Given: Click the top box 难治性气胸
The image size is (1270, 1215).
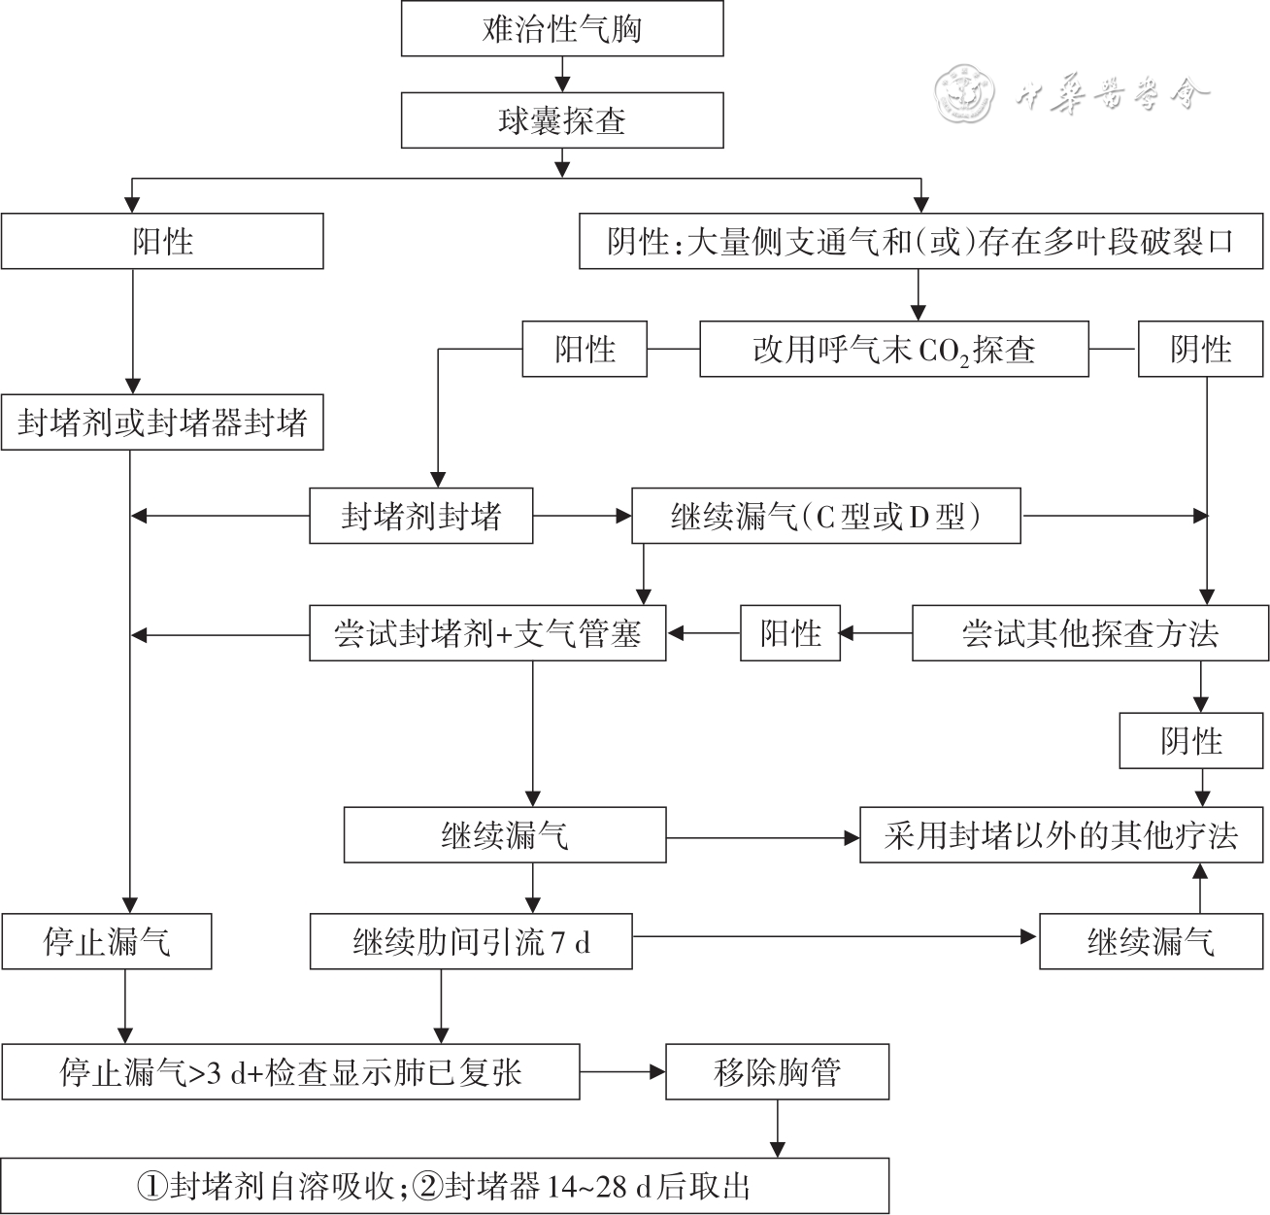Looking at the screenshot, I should pyautogui.click(x=562, y=29).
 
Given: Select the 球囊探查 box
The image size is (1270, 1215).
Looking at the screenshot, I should pyautogui.click(x=562, y=120).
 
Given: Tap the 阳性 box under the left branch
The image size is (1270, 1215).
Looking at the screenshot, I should pyautogui.click(x=162, y=241).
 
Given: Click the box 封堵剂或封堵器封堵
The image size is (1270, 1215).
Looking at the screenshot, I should pyautogui.click(x=162, y=422).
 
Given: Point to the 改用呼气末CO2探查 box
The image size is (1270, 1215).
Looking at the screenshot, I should pyautogui.click(x=893, y=350).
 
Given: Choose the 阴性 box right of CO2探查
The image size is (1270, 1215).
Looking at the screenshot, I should pyautogui.click(x=1201, y=350).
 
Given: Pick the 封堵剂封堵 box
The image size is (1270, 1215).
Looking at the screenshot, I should pyautogui.click(x=421, y=516).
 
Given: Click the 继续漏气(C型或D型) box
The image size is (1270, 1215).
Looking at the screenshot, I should pyautogui.click(x=826, y=516).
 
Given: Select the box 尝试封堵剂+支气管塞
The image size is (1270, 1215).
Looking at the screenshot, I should pyautogui.click(x=487, y=634).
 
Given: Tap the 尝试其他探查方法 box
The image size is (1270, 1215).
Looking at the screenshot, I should pyautogui.click(x=1090, y=634).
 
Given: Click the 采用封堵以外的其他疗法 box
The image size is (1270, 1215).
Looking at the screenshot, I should pyautogui.click(x=1062, y=835).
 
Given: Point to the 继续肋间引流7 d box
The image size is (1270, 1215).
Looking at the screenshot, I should pyautogui.click(x=471, y=941).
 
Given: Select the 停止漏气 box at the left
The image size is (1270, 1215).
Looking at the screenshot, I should pyautogui.click(x=107, y=941).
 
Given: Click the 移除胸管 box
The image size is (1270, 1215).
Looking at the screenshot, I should pyautogui.click(x=777, y=1072).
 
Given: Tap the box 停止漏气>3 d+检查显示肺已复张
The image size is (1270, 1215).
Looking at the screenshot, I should pyautogui.click(x=290, y=1072).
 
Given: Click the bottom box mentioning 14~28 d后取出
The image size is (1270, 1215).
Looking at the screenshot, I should pyautogui.click(x=445, y=1186).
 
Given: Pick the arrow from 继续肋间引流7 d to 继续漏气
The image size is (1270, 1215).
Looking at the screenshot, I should pyautogui.click(x=835, y=937).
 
